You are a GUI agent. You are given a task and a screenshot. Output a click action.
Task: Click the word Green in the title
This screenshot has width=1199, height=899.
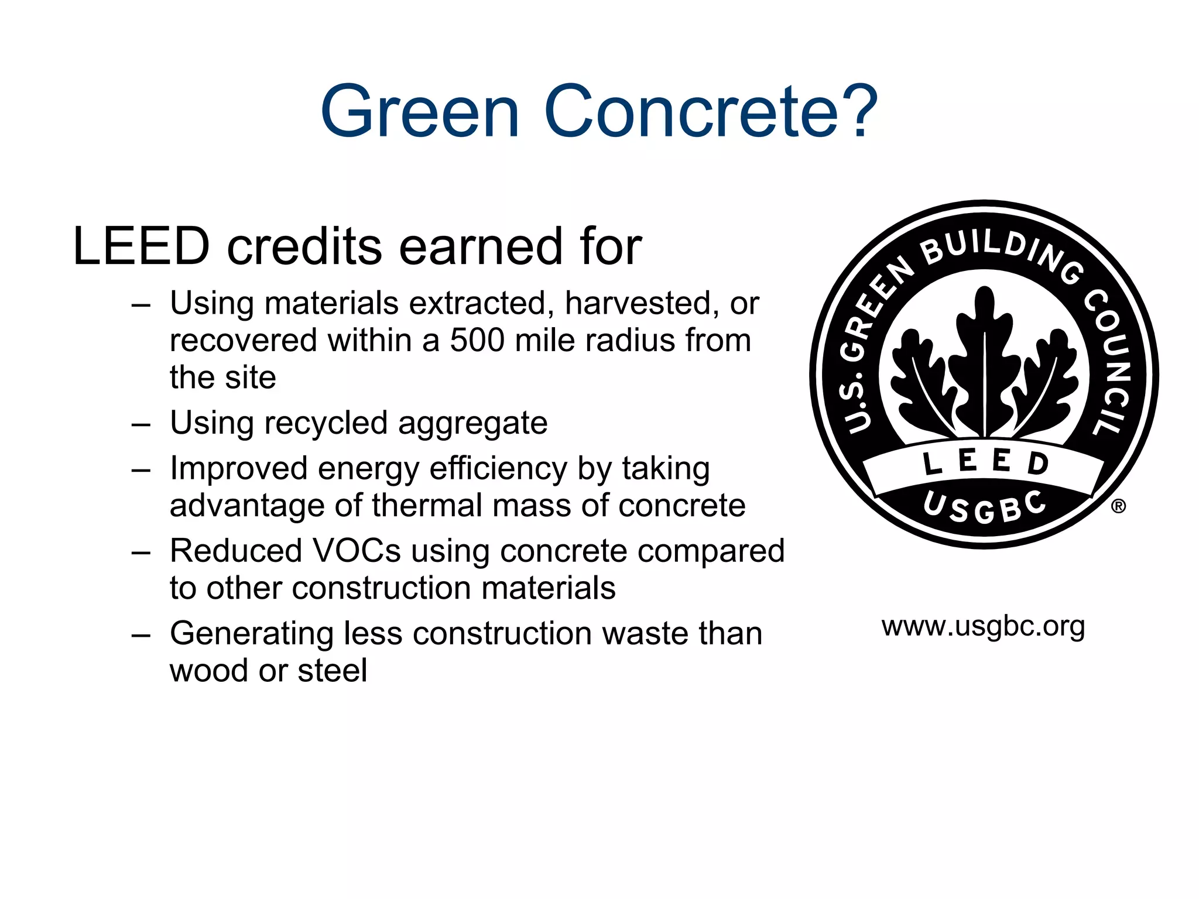click(420, 111)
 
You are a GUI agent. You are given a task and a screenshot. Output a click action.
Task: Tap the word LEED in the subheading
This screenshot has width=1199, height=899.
click(141, 246)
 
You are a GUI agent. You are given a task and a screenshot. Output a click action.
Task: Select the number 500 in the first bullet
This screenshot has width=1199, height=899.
click(477, 340)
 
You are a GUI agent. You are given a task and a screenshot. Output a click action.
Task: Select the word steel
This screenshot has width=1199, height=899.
click(332, 670)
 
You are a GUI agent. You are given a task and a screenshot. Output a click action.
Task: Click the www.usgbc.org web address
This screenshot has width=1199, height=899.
click(983, 626)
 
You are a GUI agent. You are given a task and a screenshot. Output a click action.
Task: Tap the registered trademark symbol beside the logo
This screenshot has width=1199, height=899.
click(1118, 506)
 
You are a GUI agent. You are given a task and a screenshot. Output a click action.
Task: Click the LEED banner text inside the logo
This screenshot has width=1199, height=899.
click(985, 462)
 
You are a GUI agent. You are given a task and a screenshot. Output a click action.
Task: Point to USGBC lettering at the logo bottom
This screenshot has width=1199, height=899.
click(984, 507)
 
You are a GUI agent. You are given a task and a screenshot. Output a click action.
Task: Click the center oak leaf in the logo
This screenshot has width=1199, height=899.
click(985, 363)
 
